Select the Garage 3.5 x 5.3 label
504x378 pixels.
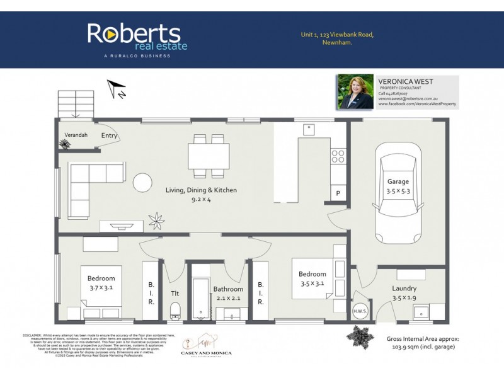tap(398, 186)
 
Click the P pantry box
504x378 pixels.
tap(338, 193)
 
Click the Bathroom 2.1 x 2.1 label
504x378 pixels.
tap(228, 294)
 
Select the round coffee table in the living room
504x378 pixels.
tap(142, 183)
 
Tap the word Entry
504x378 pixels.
tap(109, 135)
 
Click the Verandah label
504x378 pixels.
tap(76, 135)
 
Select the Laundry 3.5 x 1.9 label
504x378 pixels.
tap(403, 293)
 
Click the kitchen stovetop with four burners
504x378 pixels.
tap(338, 157)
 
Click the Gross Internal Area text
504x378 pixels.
tap(423, 343)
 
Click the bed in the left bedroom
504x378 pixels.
tap(100, 290)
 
